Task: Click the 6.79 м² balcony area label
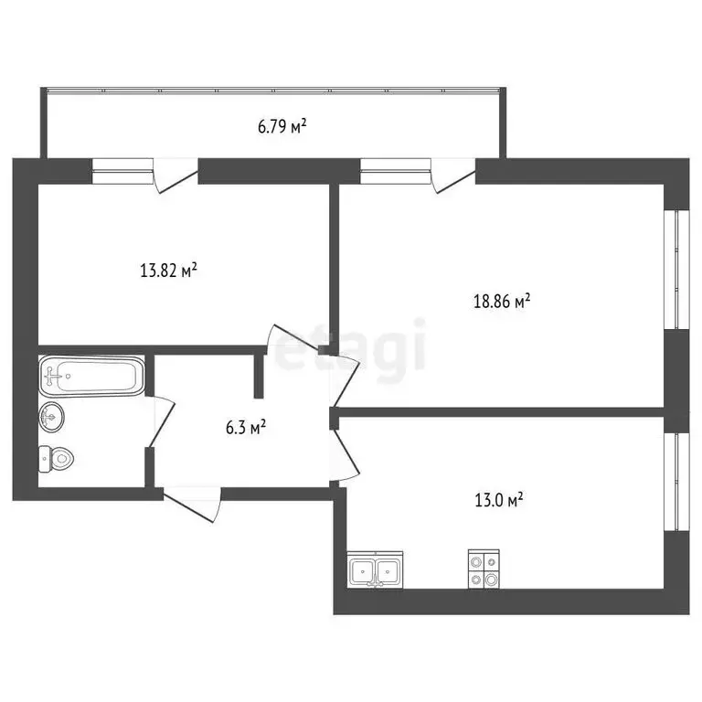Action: [x=282, y=126]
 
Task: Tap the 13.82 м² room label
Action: [x=169, y=271]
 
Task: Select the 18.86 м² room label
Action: [x=502, y=301]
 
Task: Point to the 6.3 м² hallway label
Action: [x=246, y=427]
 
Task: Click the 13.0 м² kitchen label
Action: [x=499, y=500]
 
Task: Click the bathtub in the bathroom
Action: [x=91, y=376]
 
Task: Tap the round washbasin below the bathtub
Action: [x=51, y=417]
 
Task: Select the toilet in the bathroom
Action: [x=56, y=459]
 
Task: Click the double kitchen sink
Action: [x=375, y=570]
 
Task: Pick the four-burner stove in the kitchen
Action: [x=484, y=569]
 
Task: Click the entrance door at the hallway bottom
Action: [x=193, y=505]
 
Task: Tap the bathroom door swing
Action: [x=160, y=421]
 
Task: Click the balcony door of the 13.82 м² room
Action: [x=175, y=175]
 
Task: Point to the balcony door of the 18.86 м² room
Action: [x=453, y=175]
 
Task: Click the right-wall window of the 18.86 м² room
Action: [x=676, y=270]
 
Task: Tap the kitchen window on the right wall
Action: [x=676, y=482]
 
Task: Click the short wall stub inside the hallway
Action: [x=259, y=376]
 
